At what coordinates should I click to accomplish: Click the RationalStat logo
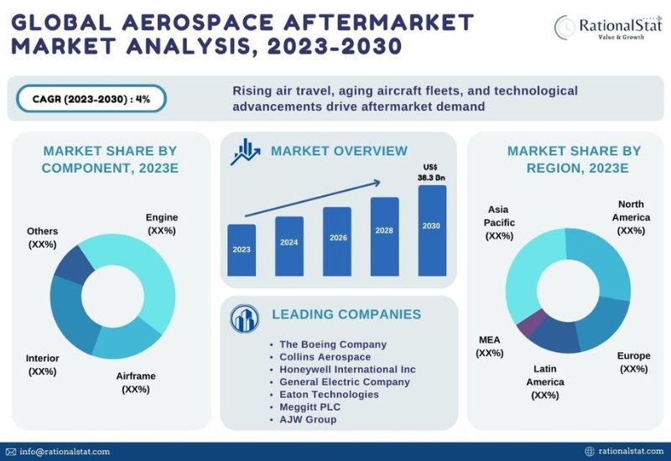click(x=607, y=28)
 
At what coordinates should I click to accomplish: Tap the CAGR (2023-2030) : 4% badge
click(x=91, y=99)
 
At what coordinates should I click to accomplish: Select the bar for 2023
click(x=242, y=250)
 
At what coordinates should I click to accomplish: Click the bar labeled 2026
click(x=337, y=241)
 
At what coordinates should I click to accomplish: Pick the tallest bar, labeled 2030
click(x=432, y=230)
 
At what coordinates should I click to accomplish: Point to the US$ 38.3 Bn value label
click(x=431, y=173)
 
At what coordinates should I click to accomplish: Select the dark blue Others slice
click(x=73, y=266)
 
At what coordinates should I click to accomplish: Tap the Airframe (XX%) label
click(x=136, y=383)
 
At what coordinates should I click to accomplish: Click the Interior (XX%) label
click(x=43, y=365)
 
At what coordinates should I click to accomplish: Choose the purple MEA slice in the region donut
click(x=532, y=323)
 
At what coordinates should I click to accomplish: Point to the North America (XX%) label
click(x=631, y=218)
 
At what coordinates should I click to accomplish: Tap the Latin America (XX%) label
click(x=545, y=382)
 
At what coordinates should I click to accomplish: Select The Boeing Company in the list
click(x=333, y=344)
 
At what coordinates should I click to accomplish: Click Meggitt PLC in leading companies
click(x=309, y=407)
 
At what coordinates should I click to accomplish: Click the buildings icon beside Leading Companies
click(x=244, y=319)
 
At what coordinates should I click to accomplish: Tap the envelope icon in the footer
click(x=11, y=452)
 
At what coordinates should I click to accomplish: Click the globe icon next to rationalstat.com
click(x=590, y=452)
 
